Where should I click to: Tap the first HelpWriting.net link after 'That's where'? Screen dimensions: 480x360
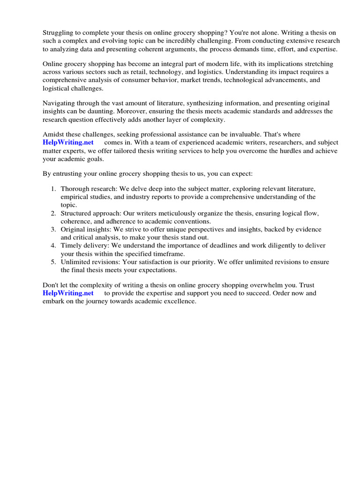pos(68,142)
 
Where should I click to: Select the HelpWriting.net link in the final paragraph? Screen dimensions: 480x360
pos(68,293)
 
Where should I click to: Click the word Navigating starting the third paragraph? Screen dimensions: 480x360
pos(59,103)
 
